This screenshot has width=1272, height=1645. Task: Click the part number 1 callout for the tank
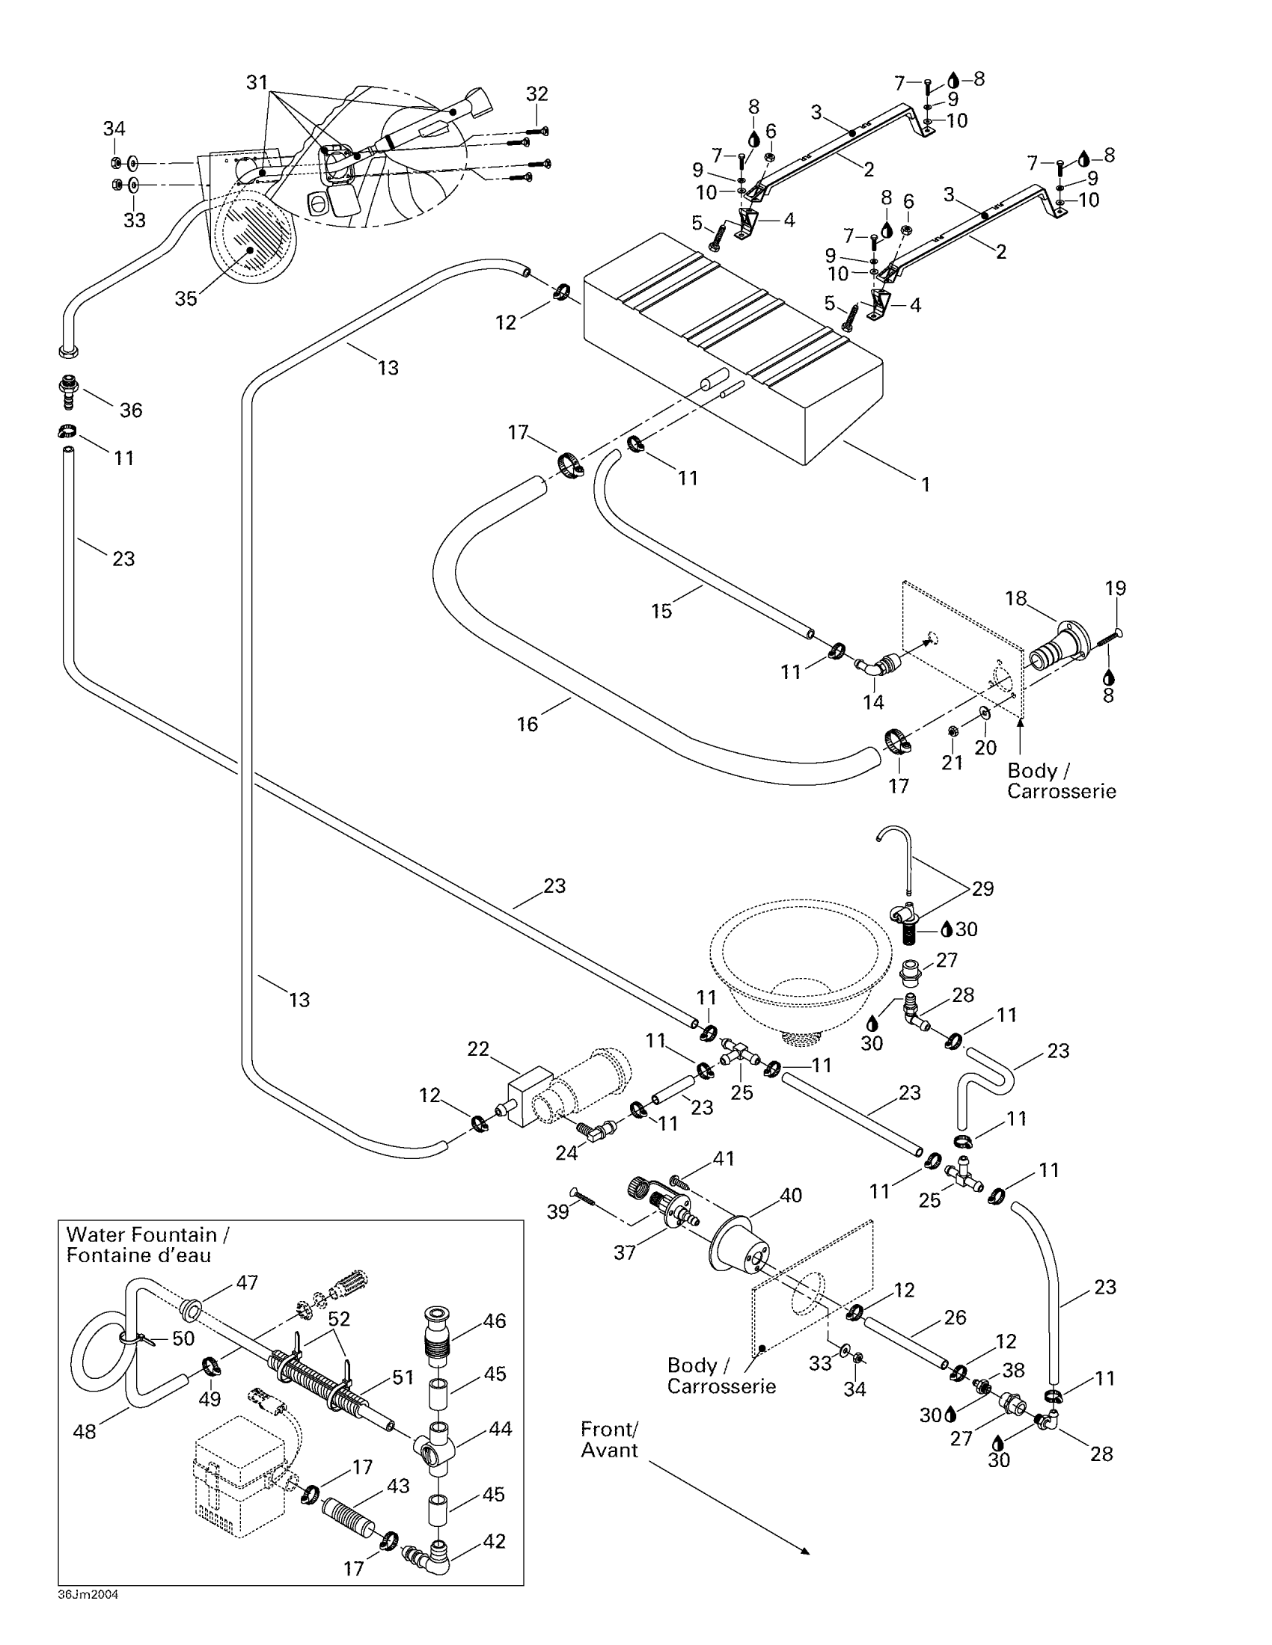[x=926, y=485]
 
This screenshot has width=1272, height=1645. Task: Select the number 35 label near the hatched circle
[x=186, y=299]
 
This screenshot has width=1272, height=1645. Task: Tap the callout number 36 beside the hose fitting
[x=131, y=411]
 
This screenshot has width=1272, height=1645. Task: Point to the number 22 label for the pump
[x=479, y=1049]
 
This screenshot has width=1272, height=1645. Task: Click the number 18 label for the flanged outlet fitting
[x=1016, y=598]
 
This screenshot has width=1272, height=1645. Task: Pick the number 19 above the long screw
[x=1116, y=588]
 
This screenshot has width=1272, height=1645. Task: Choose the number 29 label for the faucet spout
[x=982, y=889]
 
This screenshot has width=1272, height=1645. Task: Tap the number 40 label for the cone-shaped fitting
[x=790, y=1196]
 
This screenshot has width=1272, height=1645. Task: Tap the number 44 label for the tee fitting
[x=501, y=1428]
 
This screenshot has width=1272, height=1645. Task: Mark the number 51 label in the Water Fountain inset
[x=403, y=1377]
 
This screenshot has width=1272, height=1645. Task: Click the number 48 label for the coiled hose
[x=85, y=1431]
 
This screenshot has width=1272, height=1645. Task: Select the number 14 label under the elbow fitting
[x=873, y=702]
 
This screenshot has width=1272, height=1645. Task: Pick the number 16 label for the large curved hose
[x=528, y=724]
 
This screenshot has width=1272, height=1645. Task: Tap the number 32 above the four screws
[x=536, y=94]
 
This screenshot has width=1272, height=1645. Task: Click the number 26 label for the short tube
[x=955, y=1317]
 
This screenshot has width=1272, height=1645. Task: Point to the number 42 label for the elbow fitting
[x=495, y=1541]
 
